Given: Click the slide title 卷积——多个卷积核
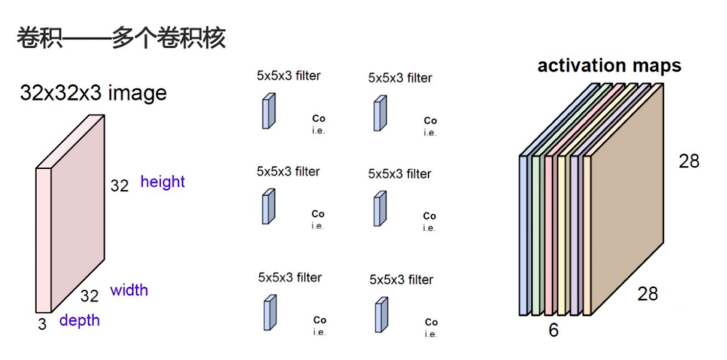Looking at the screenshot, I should click(x=122, y=38).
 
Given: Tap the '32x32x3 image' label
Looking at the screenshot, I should click(x=93, y=93).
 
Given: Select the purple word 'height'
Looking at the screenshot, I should click(x=162, y=182).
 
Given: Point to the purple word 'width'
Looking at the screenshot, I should click(x=129, y=291).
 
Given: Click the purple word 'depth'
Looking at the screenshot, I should click(x=79, y=321).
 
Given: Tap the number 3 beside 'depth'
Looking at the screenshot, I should click(x=43, y=325).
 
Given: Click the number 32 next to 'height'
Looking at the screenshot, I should click(x=119, y=186).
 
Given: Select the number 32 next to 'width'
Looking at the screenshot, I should click(x=89, y=297).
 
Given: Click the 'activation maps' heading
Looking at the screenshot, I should click(x=609, y=65).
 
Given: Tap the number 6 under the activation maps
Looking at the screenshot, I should click(x=553, y=330).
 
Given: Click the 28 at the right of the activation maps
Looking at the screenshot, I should click(x=689, y=161).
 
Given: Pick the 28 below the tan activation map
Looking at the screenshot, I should click(x=648, y=294).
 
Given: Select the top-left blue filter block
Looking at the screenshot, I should click(x=268, y=111).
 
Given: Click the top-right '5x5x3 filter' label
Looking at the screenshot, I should click(x=400, y=78).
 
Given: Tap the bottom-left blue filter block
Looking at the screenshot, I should click(x=269, y=312).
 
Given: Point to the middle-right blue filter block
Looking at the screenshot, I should click(x=381, y=208).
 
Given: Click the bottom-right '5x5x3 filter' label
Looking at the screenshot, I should click(x=401, y=280).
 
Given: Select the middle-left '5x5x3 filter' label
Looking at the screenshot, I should click(x=288, y=172).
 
